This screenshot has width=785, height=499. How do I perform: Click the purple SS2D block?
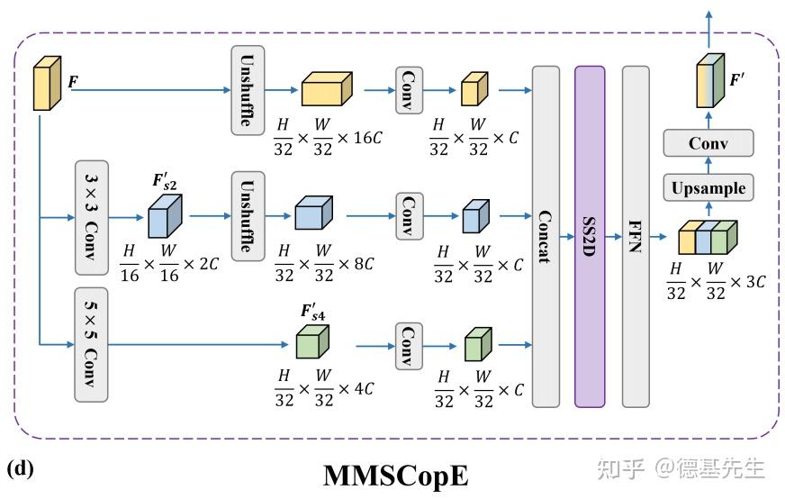click(590, 237)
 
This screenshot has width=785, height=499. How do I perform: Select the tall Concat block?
click(546, 237)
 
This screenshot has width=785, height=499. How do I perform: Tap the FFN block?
click(636, 237)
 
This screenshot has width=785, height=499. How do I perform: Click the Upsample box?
click(708, 188)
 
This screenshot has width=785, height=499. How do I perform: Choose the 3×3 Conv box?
click(92, 218)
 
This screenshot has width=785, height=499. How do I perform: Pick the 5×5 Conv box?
click(91, 345)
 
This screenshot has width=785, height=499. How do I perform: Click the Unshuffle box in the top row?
click(248, 90)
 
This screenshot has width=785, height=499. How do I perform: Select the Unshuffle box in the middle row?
click(248, 216)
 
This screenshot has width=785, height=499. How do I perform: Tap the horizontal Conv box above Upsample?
click(708, 143)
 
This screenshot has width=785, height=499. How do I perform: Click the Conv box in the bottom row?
click(409, 346)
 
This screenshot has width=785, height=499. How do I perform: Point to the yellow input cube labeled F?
click(47, 83)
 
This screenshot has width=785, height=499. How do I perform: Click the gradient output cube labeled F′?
click(710, 80)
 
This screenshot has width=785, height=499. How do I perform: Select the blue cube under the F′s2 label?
click(165, 216)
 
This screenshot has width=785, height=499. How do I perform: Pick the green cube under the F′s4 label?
click(312, 341)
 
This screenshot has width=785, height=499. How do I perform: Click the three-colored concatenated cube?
click(708, 238)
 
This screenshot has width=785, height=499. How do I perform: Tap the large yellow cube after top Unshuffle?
click(327, 88)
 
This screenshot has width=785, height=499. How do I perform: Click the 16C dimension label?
click(368, 137)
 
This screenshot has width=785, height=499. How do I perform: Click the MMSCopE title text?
click(396, 475)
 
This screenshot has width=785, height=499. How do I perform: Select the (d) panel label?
click(20, 469)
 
